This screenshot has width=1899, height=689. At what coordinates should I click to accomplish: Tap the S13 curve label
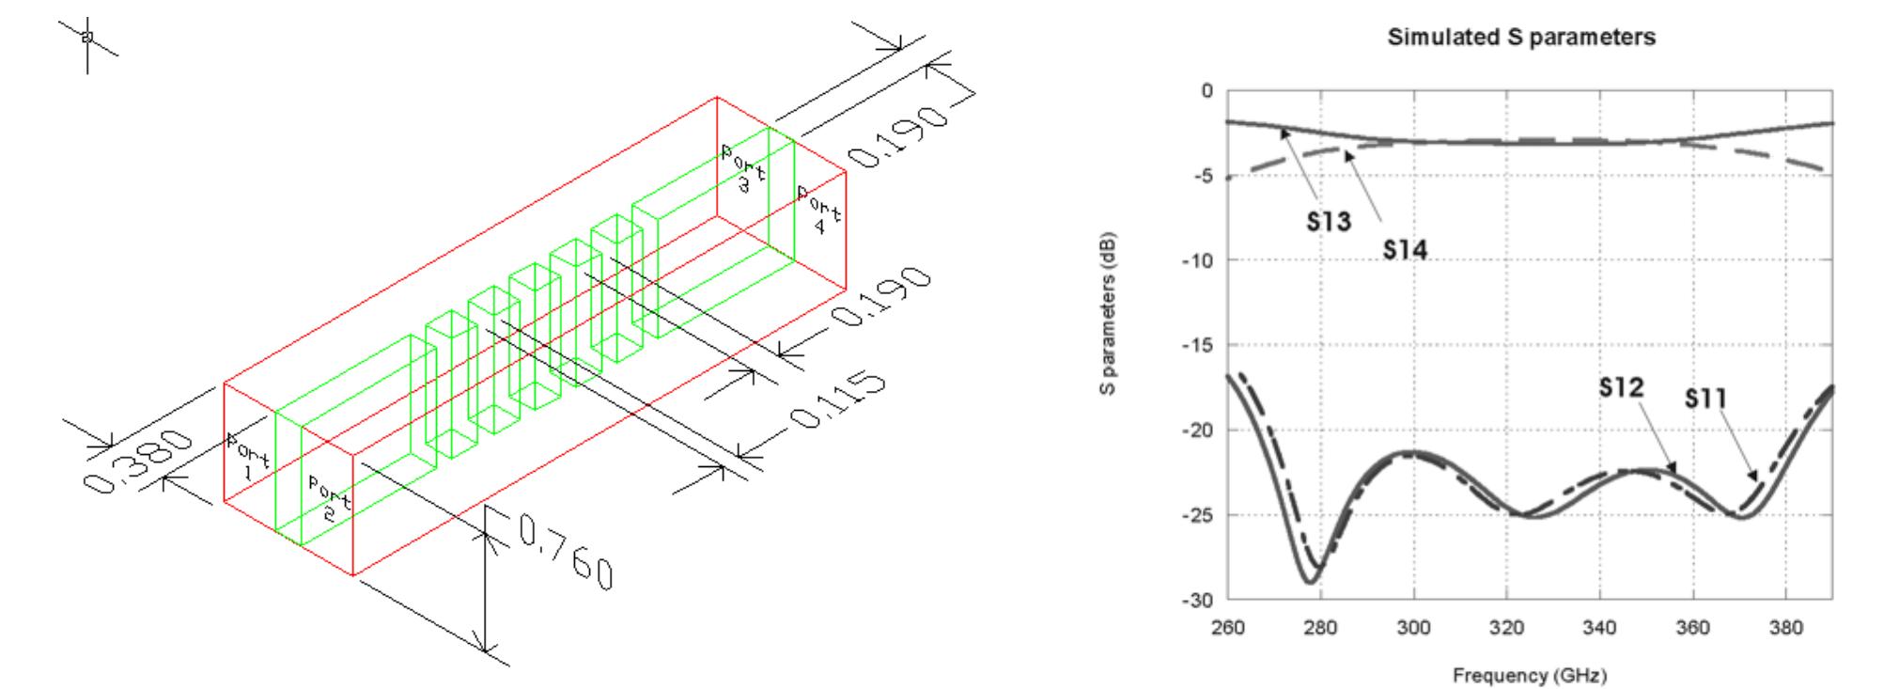pos(1328,221)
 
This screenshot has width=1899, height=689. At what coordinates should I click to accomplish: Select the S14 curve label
pos(1405,249)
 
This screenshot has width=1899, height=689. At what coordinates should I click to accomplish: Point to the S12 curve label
pos(1621,387)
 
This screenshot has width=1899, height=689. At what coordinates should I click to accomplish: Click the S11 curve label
pos(1704,399)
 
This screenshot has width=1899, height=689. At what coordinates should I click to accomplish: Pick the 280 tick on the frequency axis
pos(1320,628)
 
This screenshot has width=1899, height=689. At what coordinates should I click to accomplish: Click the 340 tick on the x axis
pos(1599,628)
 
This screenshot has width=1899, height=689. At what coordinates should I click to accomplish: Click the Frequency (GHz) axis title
pos(1529,675)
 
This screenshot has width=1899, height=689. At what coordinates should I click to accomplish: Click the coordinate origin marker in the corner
pos(87,38)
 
